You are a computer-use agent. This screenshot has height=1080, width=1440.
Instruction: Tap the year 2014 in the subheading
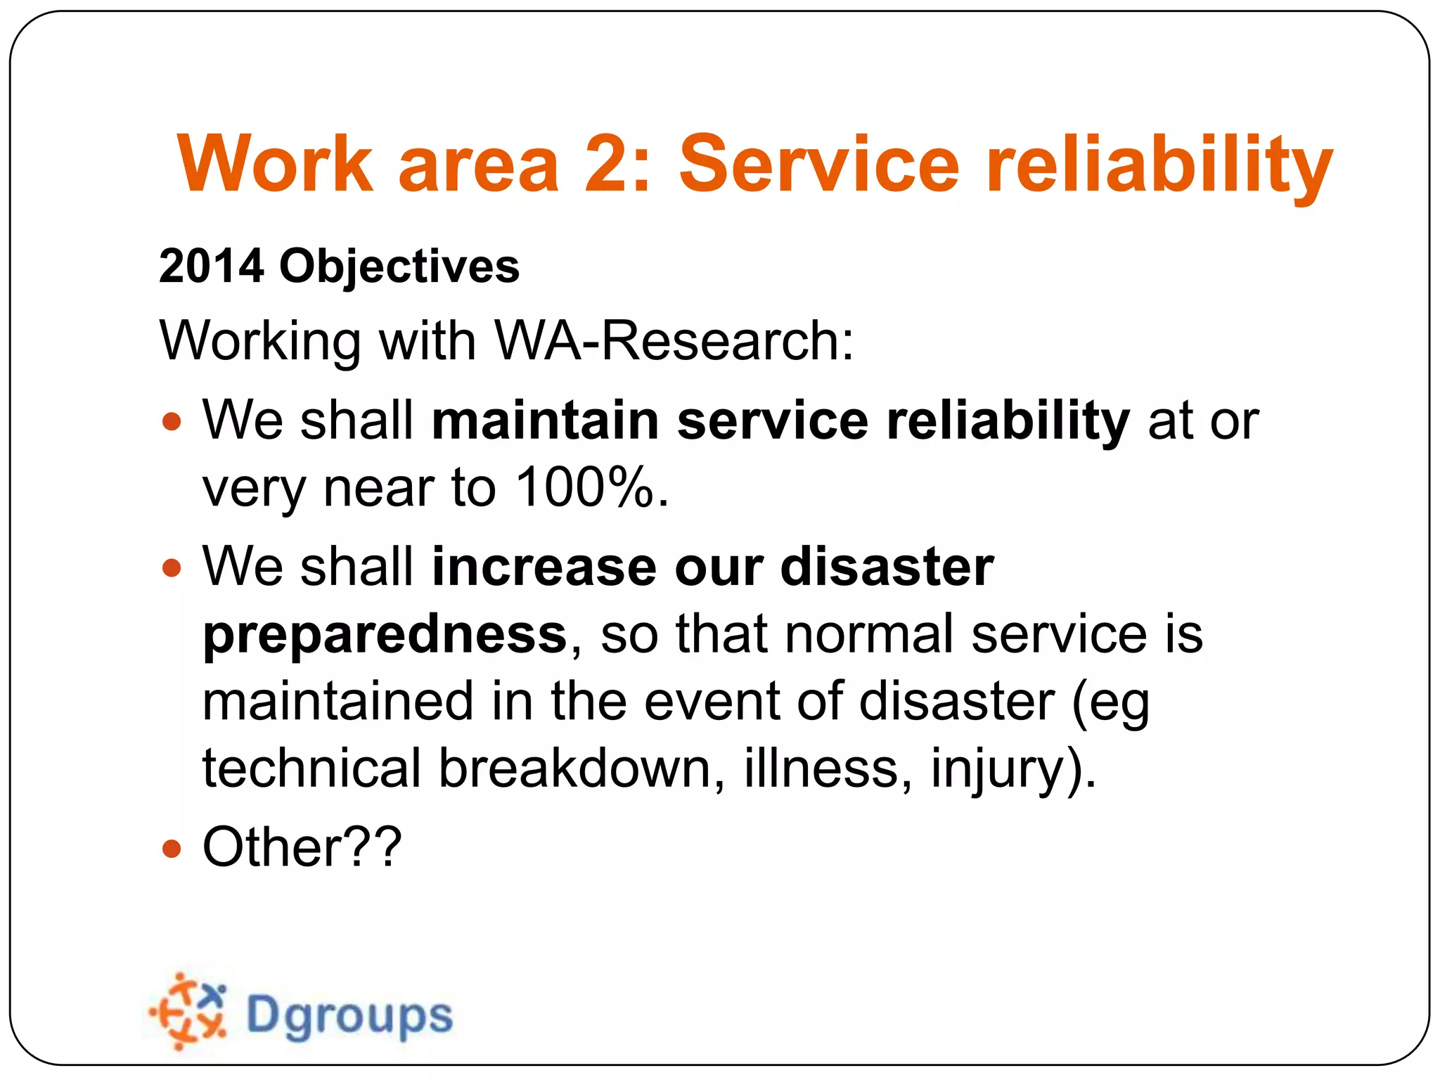(212, 266)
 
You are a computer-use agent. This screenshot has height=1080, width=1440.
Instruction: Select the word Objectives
(399, 268)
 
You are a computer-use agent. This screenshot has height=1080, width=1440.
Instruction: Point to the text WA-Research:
(674, 341)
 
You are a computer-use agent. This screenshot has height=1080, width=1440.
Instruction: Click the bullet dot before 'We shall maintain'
(172, 422)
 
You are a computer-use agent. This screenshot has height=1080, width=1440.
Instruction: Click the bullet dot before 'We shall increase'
(172, 567)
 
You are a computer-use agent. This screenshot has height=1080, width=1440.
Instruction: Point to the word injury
(998, 769)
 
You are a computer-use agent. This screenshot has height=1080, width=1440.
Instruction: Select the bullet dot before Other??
(172, 849)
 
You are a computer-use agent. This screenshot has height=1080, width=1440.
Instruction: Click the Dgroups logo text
(349, 1016)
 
